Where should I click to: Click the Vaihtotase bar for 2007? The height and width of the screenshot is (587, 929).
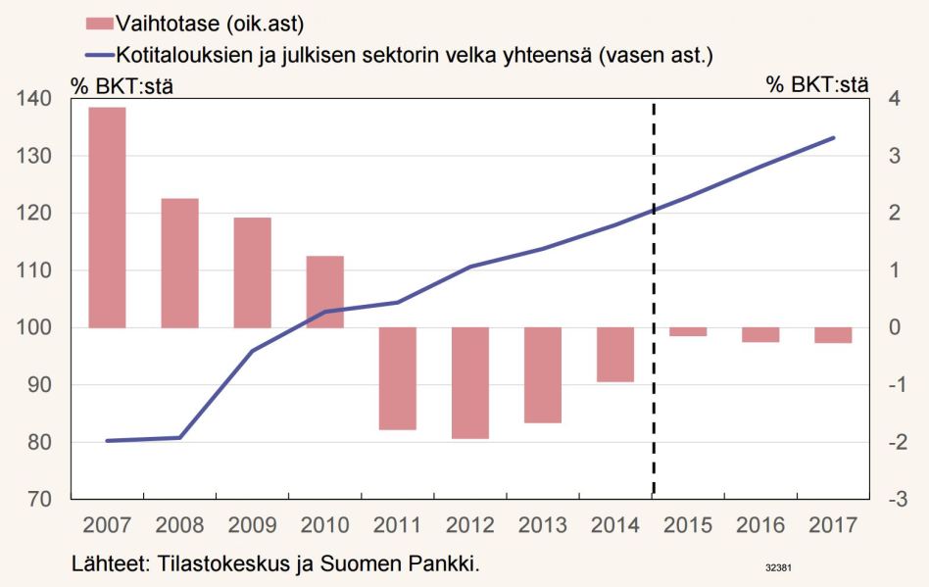coord(107,217)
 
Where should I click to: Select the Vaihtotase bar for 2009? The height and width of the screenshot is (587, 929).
coord(252,272)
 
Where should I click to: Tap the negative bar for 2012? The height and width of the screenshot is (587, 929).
coord(469,382)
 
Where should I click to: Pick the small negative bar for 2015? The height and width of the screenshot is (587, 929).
coord(687,331)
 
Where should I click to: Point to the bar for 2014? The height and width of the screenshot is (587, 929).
coord(614,354)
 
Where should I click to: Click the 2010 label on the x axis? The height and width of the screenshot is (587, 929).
coord(324,524)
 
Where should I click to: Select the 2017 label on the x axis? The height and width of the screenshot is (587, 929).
coord(832,524)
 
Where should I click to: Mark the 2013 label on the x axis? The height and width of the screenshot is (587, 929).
coord(542,524)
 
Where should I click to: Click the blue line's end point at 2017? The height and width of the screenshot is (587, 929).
coord(833,138)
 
